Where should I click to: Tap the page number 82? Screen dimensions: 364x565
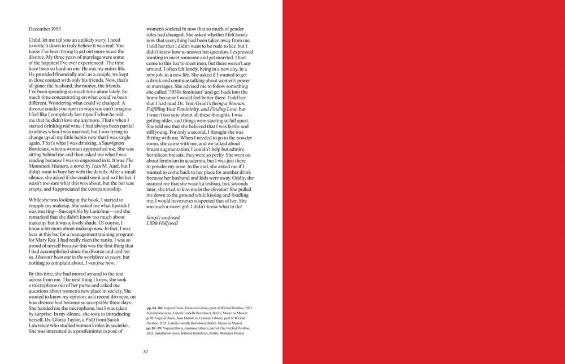(145, 352)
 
